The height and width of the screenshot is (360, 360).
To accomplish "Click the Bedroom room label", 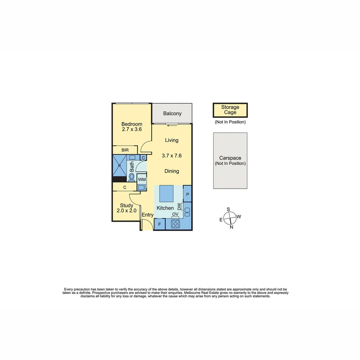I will tap(132, 124).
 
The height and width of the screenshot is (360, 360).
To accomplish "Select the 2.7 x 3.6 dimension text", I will tap(132, 129).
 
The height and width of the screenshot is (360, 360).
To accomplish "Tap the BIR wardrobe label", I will tap(125, 150).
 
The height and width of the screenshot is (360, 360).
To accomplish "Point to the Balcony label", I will tap(172, 113).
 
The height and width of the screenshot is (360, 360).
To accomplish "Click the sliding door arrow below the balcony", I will tap(172, 126).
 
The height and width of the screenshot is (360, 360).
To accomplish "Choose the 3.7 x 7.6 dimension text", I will tap(172, 156).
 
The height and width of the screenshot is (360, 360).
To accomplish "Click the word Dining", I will tap(172, 171).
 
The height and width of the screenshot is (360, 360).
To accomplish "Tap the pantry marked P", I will tap(188, 194).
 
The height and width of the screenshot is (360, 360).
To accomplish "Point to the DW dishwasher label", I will tap(179, 207).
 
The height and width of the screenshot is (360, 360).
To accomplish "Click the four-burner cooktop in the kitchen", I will tap(175, 224).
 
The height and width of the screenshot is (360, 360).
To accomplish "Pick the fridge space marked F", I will tap(159, 224).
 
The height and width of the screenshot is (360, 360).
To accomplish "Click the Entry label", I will tap(147, 215).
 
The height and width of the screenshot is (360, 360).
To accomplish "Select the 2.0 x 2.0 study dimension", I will tap(126, 211).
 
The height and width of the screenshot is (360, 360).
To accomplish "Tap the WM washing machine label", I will tap(142, 179).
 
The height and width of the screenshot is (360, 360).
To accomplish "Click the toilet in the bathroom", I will tap(132, 177).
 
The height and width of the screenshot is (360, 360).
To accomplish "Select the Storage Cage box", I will tap(230, 110).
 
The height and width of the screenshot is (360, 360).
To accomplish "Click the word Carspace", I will tap(230, 158).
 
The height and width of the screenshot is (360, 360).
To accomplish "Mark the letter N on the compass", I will tap(231, 227).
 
